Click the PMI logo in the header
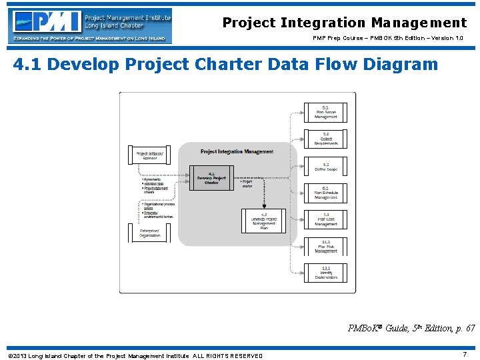click(90, 25)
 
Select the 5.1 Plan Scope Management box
click(326, 112)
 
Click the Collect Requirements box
click(326, 139)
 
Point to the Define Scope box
click(326, 167)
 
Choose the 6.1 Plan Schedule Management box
click(326, 193)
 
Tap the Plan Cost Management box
click(326, 219)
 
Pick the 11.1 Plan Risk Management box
click(326, 247)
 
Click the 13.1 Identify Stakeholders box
click(326, 273)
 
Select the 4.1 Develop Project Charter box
click(211, 177)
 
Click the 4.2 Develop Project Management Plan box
click(263, 221)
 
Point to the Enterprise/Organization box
click(149, 233)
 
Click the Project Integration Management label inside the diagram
click(237, 152)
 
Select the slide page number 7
click(465, 355)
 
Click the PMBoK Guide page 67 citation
click(411, 329)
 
